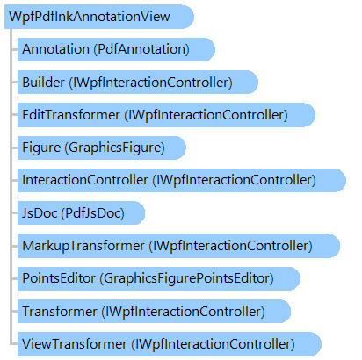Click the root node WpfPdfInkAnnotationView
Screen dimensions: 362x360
pyautogui.click(x=90, y=17)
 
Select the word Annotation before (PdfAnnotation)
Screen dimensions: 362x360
pyautogui.click(x=55, y=49)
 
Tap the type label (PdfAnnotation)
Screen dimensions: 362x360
pyautogui.click(x=141, y=49)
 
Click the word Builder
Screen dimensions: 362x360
pyautogui.click(x=43, y=82)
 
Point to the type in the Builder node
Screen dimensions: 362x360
pyautogui.click(x=150, y=83)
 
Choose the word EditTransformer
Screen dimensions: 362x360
pyautogui.click(x=71, y=115)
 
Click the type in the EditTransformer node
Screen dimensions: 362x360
pyautogui.click(x=206, y=115)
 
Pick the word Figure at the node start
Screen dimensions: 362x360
pyautogui.click(x=41, y=148)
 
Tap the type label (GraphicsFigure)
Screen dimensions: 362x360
pyautogui.click(x=115, y=148)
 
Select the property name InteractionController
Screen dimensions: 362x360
pyautogui.click(x=85, y=180)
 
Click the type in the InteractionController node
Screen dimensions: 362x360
pyautogui.click(x=235, y=180)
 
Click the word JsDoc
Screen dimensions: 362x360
pyautogui.click(x=40, y=213)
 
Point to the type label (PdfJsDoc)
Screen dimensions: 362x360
pyautogui.click(x=93, y=213)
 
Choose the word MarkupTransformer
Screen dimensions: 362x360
pyautogui.click(x=83, y=246)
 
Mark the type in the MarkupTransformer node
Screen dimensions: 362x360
pyautogui.click(x=231, y=246)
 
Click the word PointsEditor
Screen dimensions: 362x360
pyautogui.click(x=59, y=278)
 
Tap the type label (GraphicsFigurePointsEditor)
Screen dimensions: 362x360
pyautogui.click(x=187, y=278)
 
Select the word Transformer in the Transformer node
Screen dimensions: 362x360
pyautogui.click(x=60, y=311)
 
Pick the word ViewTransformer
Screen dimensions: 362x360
pyautogui.click(x=75, y=344)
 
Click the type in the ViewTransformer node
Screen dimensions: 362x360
pyautogui.click(x=213, y=344)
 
